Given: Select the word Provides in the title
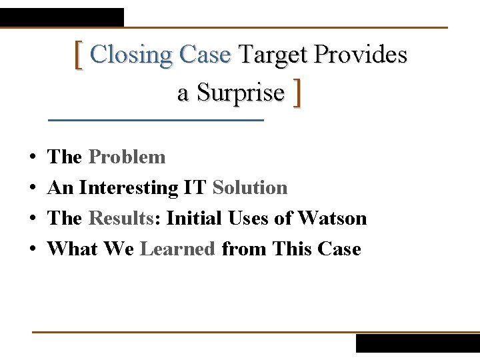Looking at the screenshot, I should (x=360, y=55).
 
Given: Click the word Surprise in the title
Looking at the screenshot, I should (x=231, y=93).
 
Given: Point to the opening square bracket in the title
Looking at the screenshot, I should (x=79, y=55).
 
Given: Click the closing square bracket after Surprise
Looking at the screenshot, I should (x=297, y=93).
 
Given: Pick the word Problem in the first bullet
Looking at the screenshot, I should (x=127, y=157).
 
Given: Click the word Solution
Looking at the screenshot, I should (x=250, y=188).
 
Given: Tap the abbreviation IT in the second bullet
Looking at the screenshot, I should (x=196, y=188).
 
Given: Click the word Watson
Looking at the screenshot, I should (x=332, y=219).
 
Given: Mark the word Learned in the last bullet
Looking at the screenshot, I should (x=178, y=249).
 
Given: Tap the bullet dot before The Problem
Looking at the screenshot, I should (x=33, y=158).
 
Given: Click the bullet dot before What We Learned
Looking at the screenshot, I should (x=33, y=250).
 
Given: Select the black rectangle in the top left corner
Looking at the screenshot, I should (x=62, y=17).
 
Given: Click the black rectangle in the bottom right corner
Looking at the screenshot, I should (x=417, y=343).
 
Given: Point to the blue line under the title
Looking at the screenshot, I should (x=157, y=120).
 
